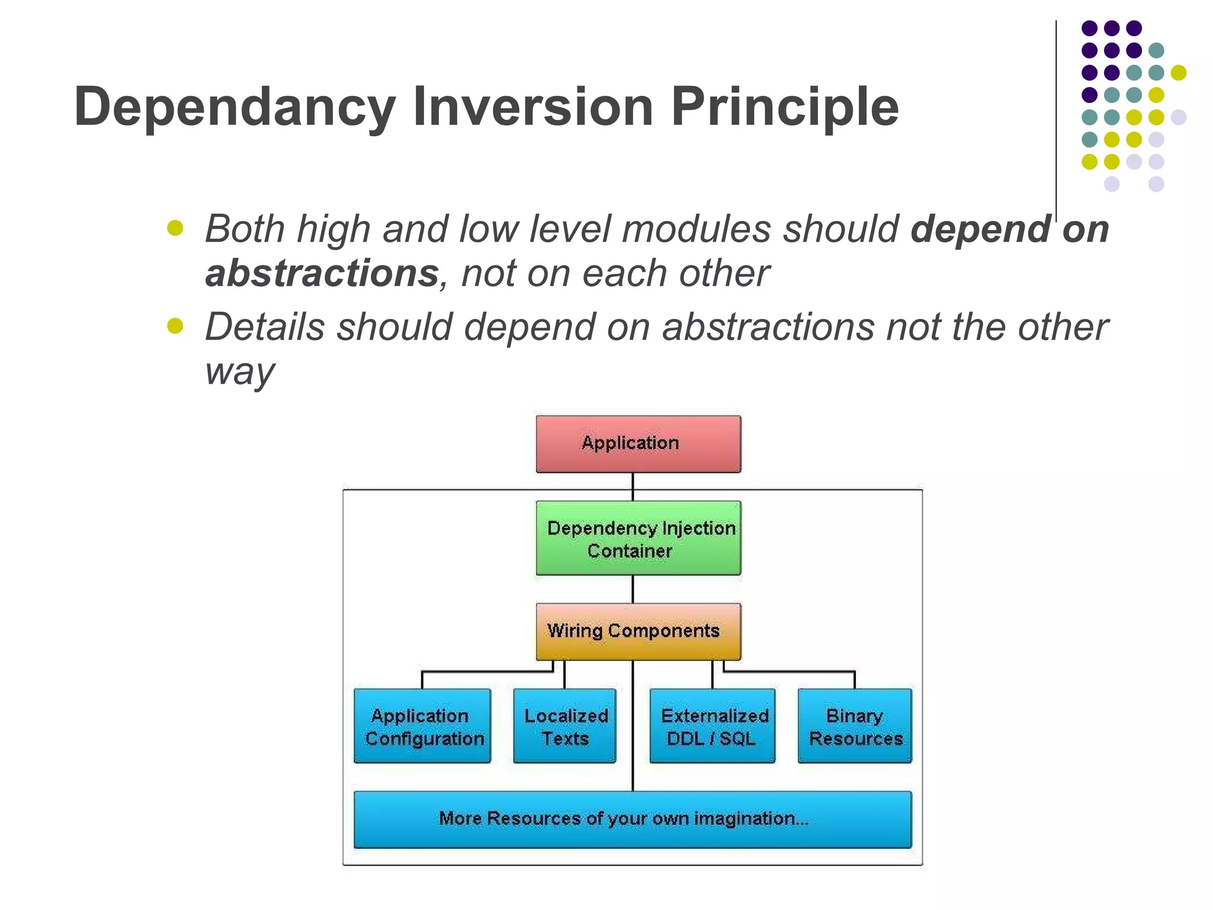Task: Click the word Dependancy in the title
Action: pos(235,108)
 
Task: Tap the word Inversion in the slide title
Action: pos(532,107)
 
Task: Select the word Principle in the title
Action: pos(784,108)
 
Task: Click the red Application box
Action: pos(638,444)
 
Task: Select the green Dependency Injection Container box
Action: pos(638,538)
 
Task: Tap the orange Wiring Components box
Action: pos(638,631)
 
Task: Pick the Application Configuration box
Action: pos(422,726)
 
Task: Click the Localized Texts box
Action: pos(564,726)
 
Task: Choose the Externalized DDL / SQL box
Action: pos(712,726)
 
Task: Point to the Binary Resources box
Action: pos(855,726)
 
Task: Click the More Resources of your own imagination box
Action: pos(632,819)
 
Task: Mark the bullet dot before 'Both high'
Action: pos(175,228)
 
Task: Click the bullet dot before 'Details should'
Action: pos(175,326)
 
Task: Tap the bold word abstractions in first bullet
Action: pos(322,274)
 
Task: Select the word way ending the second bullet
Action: pos(239,372)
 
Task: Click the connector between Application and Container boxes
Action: pos(633,486)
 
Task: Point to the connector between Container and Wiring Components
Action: pos(633,589)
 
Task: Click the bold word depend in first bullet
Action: pos(980,230)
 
